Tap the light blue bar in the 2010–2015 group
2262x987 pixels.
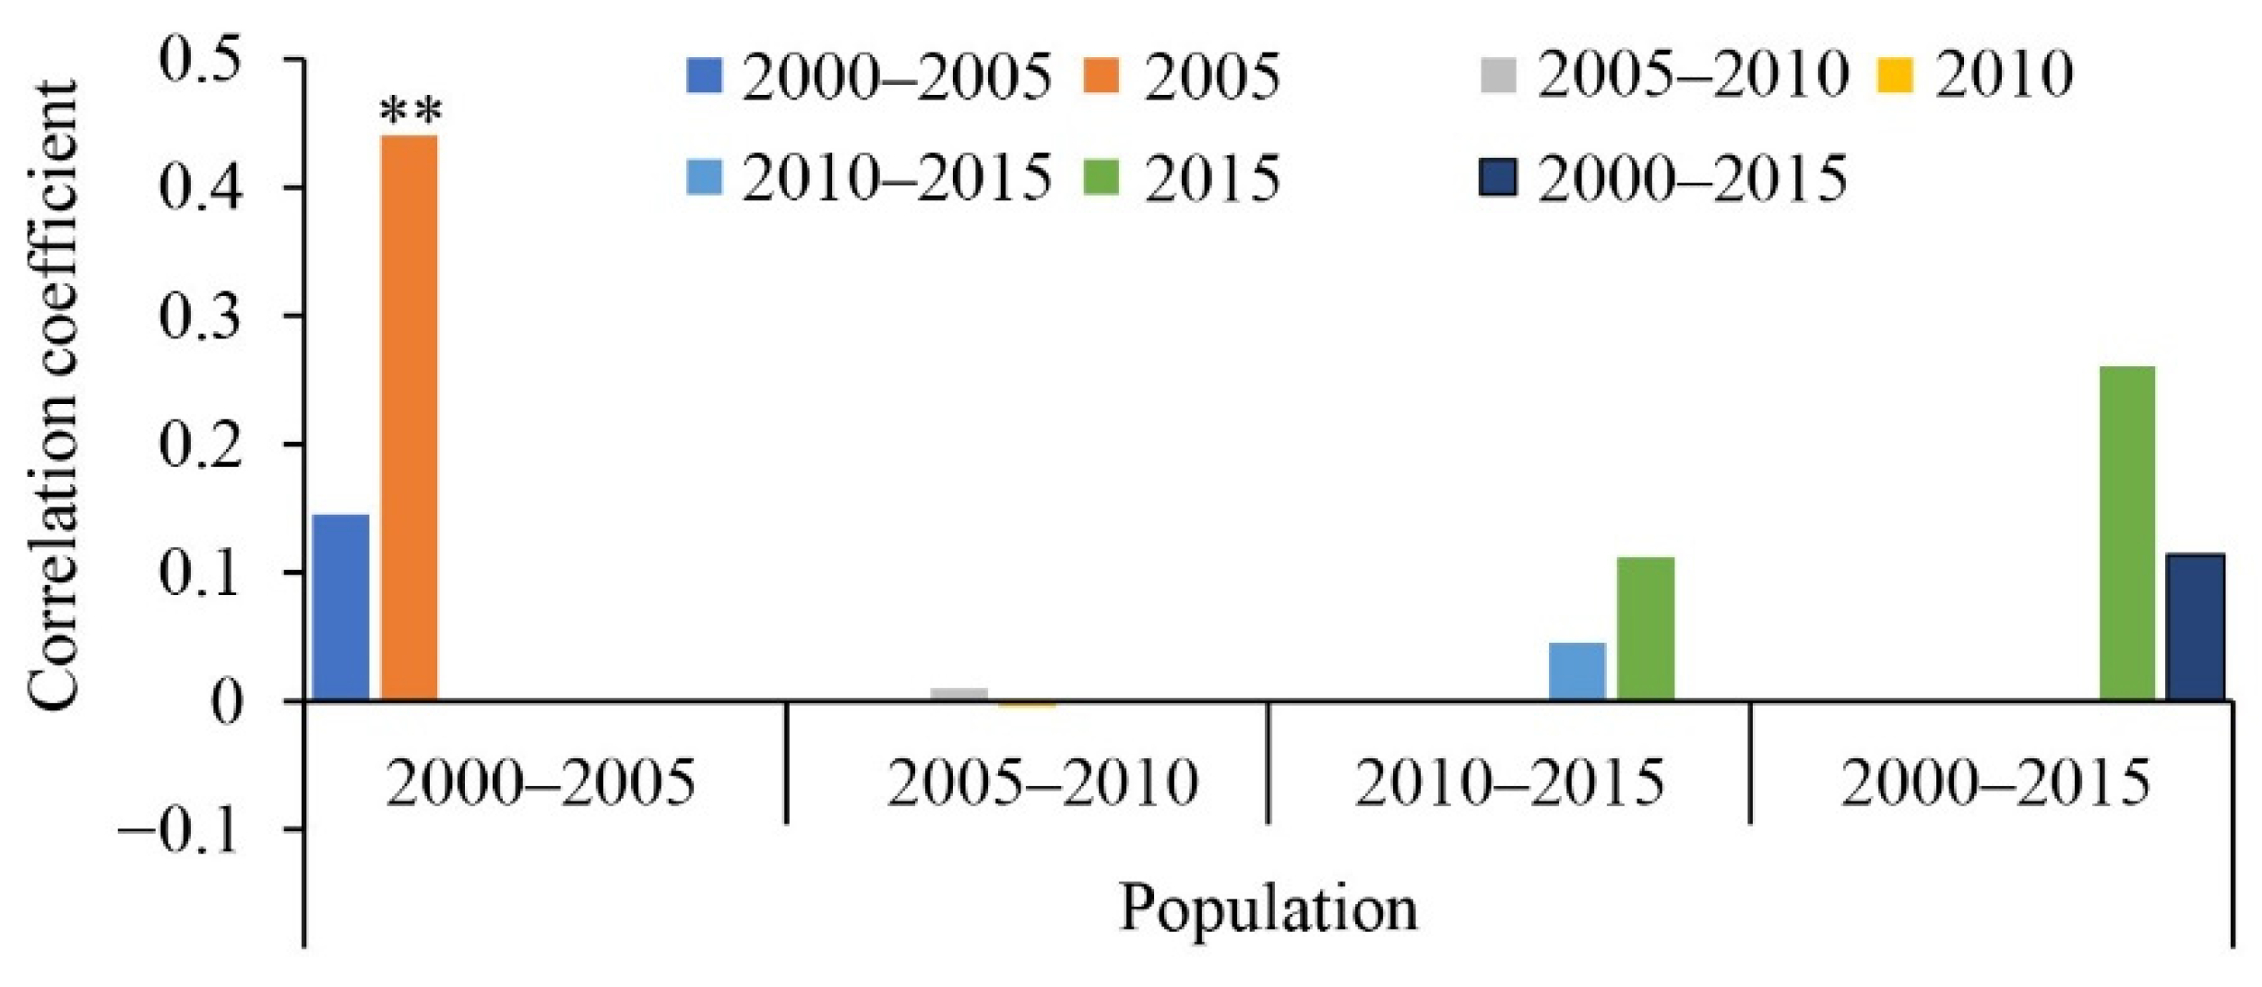1577,671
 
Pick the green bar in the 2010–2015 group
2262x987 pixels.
1646,628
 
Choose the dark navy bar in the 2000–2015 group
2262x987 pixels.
2196,626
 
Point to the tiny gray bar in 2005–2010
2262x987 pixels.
959,694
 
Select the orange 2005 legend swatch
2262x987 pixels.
1100,76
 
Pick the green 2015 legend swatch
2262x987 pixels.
1100,176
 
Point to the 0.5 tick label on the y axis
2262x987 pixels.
200,59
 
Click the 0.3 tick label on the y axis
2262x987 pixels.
200,315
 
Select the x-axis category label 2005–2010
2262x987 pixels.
1042,783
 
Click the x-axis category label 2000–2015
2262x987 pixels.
1995,783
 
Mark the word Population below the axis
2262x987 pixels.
1268,909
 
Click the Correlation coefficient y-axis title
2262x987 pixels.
54,397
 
